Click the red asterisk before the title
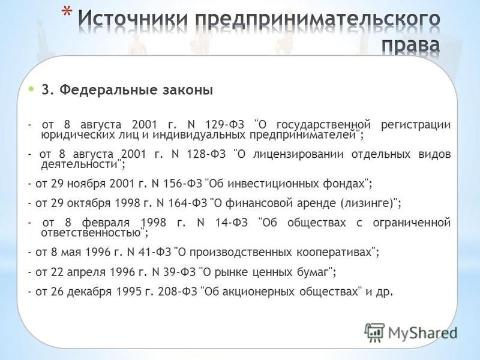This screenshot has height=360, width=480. tap(67, 12)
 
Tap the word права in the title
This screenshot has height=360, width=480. tap(411, 46)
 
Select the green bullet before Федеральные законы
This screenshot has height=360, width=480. tap(31, 89)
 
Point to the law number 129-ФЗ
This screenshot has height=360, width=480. tap(224, 125)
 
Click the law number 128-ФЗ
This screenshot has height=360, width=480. tap(206, 154)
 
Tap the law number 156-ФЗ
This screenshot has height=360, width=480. tap(182, 184)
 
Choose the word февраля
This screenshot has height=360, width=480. tap(106, 223)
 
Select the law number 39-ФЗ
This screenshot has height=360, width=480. tap(179, 272)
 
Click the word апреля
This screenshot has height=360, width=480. tap(86, 272)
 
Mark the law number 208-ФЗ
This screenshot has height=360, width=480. tap(178, 292)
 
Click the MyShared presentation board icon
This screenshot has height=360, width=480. tap(374, 332)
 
